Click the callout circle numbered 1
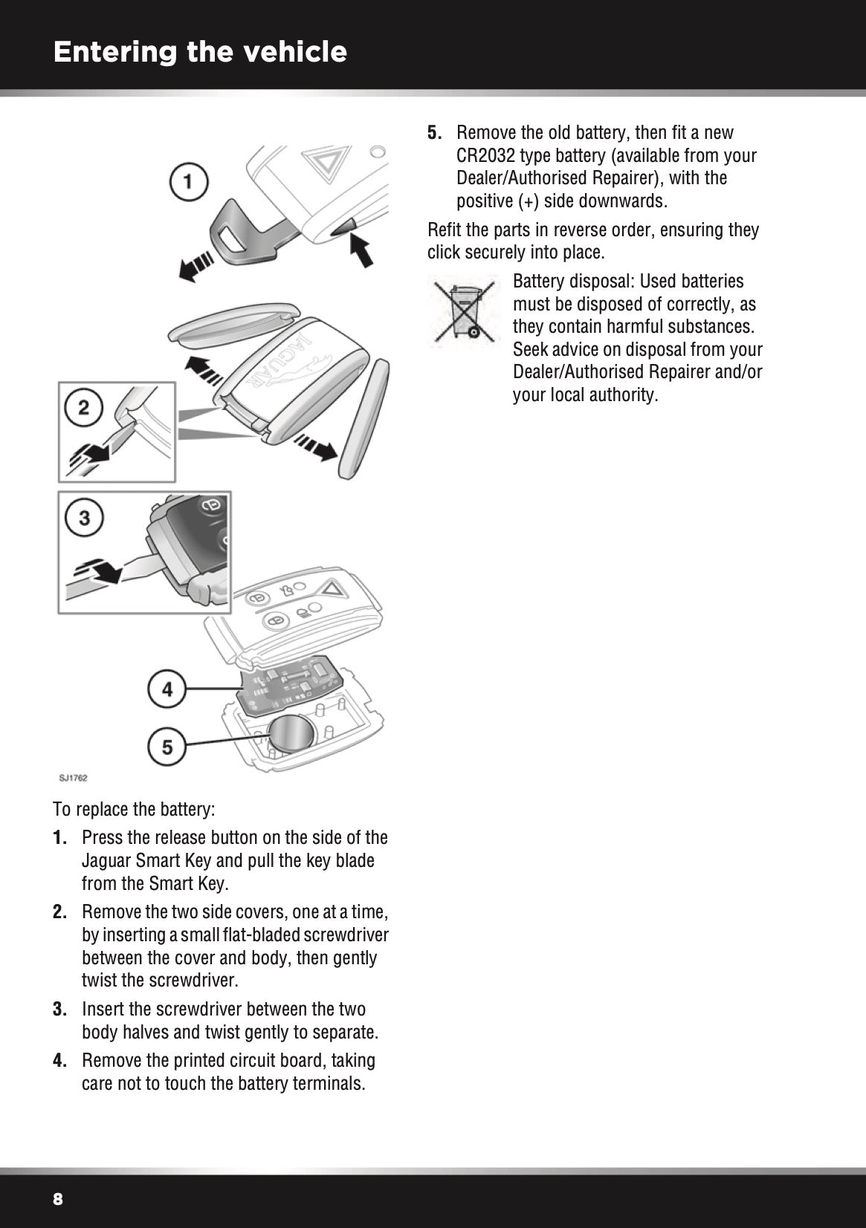pyautogui.click(x=189, y=181)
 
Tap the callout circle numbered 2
pyautogui.click(x=84, y=407)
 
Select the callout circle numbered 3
pyautogui.click(x=84, y=516)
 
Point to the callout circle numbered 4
pyautogui.click(x=167, y=689)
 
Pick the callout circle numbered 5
pyautogui.click(x=167, y=746)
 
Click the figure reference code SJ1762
pyautogui.click(x=74, y=778)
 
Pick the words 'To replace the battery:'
pyautogui.click(x=134, y=808)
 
